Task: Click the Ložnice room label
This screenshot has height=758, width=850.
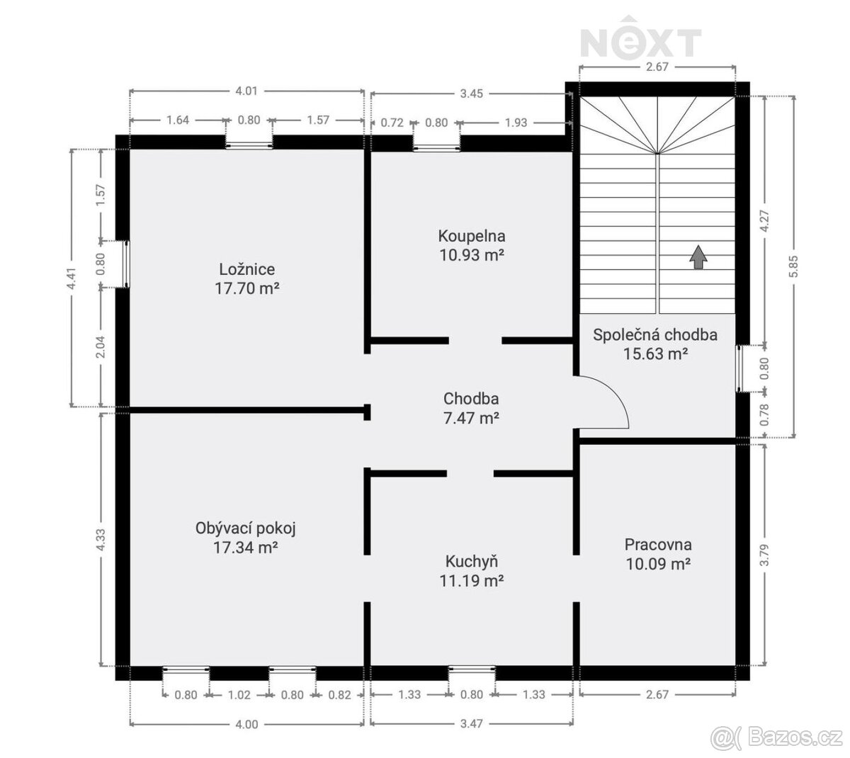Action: [x=246, y=269]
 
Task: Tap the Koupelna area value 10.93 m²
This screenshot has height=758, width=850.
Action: [x=472, y=255]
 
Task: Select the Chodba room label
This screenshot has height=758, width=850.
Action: [x=471, y=398]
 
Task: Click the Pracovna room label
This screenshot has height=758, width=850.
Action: [x=658, y=544]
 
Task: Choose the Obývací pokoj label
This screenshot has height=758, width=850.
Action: [x=245, y=528]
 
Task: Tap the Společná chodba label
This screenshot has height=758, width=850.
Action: [x=655, y=334]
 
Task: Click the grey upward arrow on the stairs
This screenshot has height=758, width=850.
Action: [x=698, y=257]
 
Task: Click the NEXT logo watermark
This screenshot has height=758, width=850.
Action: [x=641, y=37]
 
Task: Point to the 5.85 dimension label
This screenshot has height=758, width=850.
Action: [x=793, y=266]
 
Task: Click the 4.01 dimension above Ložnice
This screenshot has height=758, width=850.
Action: [x=246, y=91]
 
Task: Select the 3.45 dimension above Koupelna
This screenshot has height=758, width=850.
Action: [x=472, y=94]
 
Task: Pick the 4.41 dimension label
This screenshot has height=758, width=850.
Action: [x=72, y=278]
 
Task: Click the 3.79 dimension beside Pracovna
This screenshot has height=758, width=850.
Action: [x=764, y=555]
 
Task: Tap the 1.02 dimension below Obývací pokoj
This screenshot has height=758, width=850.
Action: [x=239, y=695]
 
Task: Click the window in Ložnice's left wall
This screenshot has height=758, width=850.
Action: [x=127, y=264]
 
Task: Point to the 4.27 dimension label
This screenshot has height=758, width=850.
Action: [x=764, y=221]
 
